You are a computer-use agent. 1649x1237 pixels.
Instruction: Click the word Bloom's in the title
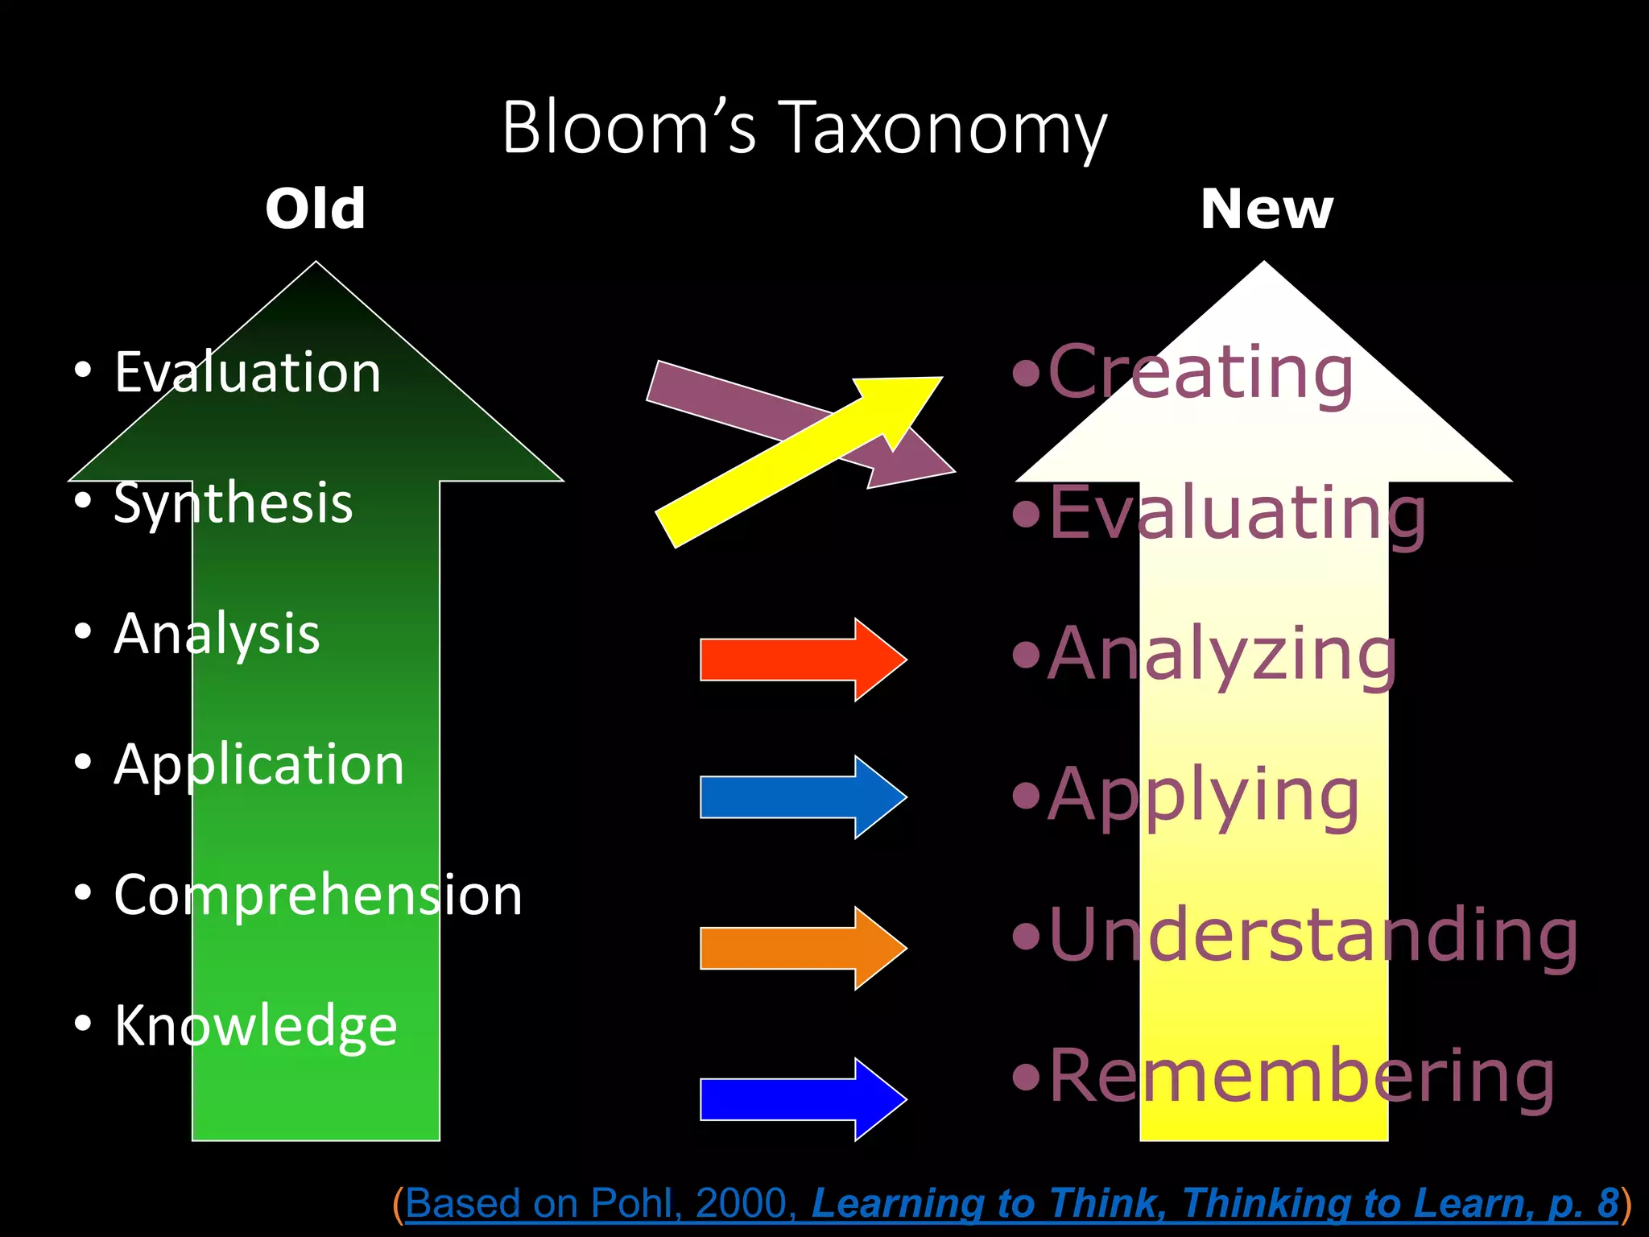click(629, 129)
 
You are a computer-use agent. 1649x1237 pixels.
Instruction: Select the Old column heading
click(316, 209)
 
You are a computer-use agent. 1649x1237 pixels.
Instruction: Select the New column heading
click(1266, 210)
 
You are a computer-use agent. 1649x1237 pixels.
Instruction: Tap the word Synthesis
click(234, 504)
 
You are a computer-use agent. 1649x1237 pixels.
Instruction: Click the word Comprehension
click(318, 895)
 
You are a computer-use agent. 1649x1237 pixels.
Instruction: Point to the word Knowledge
click(256, 1026)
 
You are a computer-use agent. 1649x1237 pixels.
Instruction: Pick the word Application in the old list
click(259, 765)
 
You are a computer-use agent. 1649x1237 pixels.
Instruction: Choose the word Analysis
click(217, 635)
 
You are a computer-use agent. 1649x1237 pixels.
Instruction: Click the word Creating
click(1200, 373)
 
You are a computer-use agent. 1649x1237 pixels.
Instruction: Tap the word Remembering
click(1301, 1077)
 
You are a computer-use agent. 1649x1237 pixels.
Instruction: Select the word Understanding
click(1312, 935)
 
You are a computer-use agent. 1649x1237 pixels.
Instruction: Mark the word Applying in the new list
click(1203, 796)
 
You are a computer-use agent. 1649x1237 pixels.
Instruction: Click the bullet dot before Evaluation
click(82, 371)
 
